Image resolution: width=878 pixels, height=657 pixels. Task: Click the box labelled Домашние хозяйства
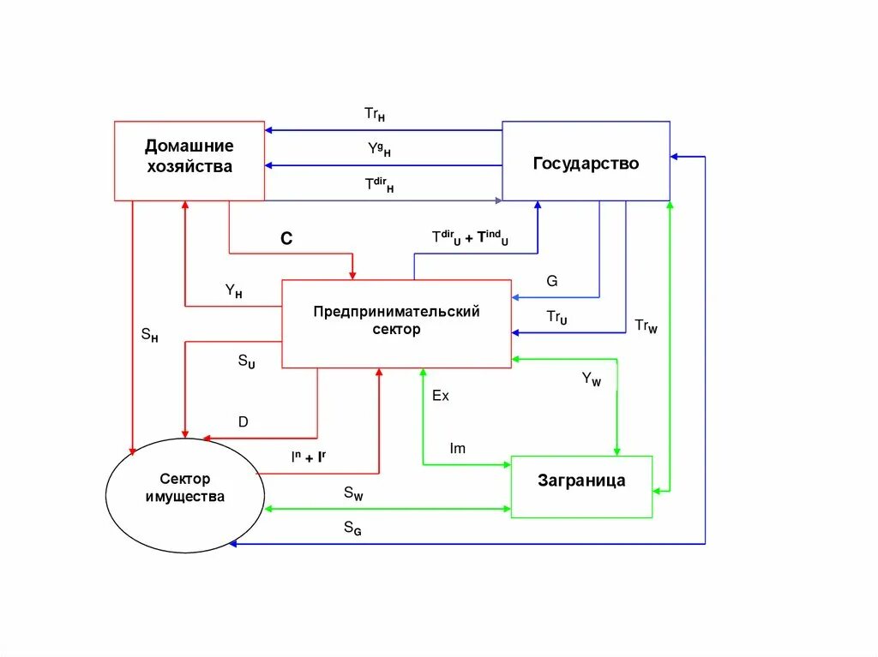point(189,160)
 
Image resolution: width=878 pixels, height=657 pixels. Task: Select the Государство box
point(586,163)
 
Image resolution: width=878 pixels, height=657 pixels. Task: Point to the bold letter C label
point(286,240)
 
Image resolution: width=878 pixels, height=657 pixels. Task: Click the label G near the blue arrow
point(551,280)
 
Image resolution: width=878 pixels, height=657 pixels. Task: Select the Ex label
point(440,396)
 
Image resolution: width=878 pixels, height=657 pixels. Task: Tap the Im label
point(458,449)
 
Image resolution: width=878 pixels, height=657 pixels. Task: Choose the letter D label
point(244,421)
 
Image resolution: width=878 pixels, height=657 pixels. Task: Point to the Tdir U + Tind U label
point(470,238)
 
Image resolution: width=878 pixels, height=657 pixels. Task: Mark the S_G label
point(352,529)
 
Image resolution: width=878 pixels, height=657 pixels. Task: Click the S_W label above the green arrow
point(353,493)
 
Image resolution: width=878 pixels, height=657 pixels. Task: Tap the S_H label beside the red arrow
point(149,335)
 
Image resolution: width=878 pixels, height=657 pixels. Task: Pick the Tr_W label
point(646,326)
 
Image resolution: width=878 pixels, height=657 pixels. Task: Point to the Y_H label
point(233,291)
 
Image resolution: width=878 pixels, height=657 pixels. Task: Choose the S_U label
point(246,361)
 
